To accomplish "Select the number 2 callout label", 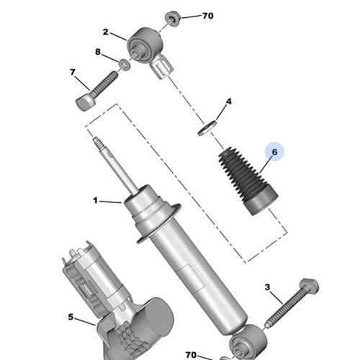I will pos(105,32).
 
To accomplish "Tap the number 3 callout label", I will pos(268,288).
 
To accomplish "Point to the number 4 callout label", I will pos(228,102).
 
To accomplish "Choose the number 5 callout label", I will pos(71,316).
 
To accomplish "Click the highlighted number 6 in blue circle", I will pos(274,152).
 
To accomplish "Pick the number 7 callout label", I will pos(73,72).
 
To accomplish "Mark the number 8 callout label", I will pos(99,52).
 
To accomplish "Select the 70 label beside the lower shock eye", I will pos(191,354).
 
